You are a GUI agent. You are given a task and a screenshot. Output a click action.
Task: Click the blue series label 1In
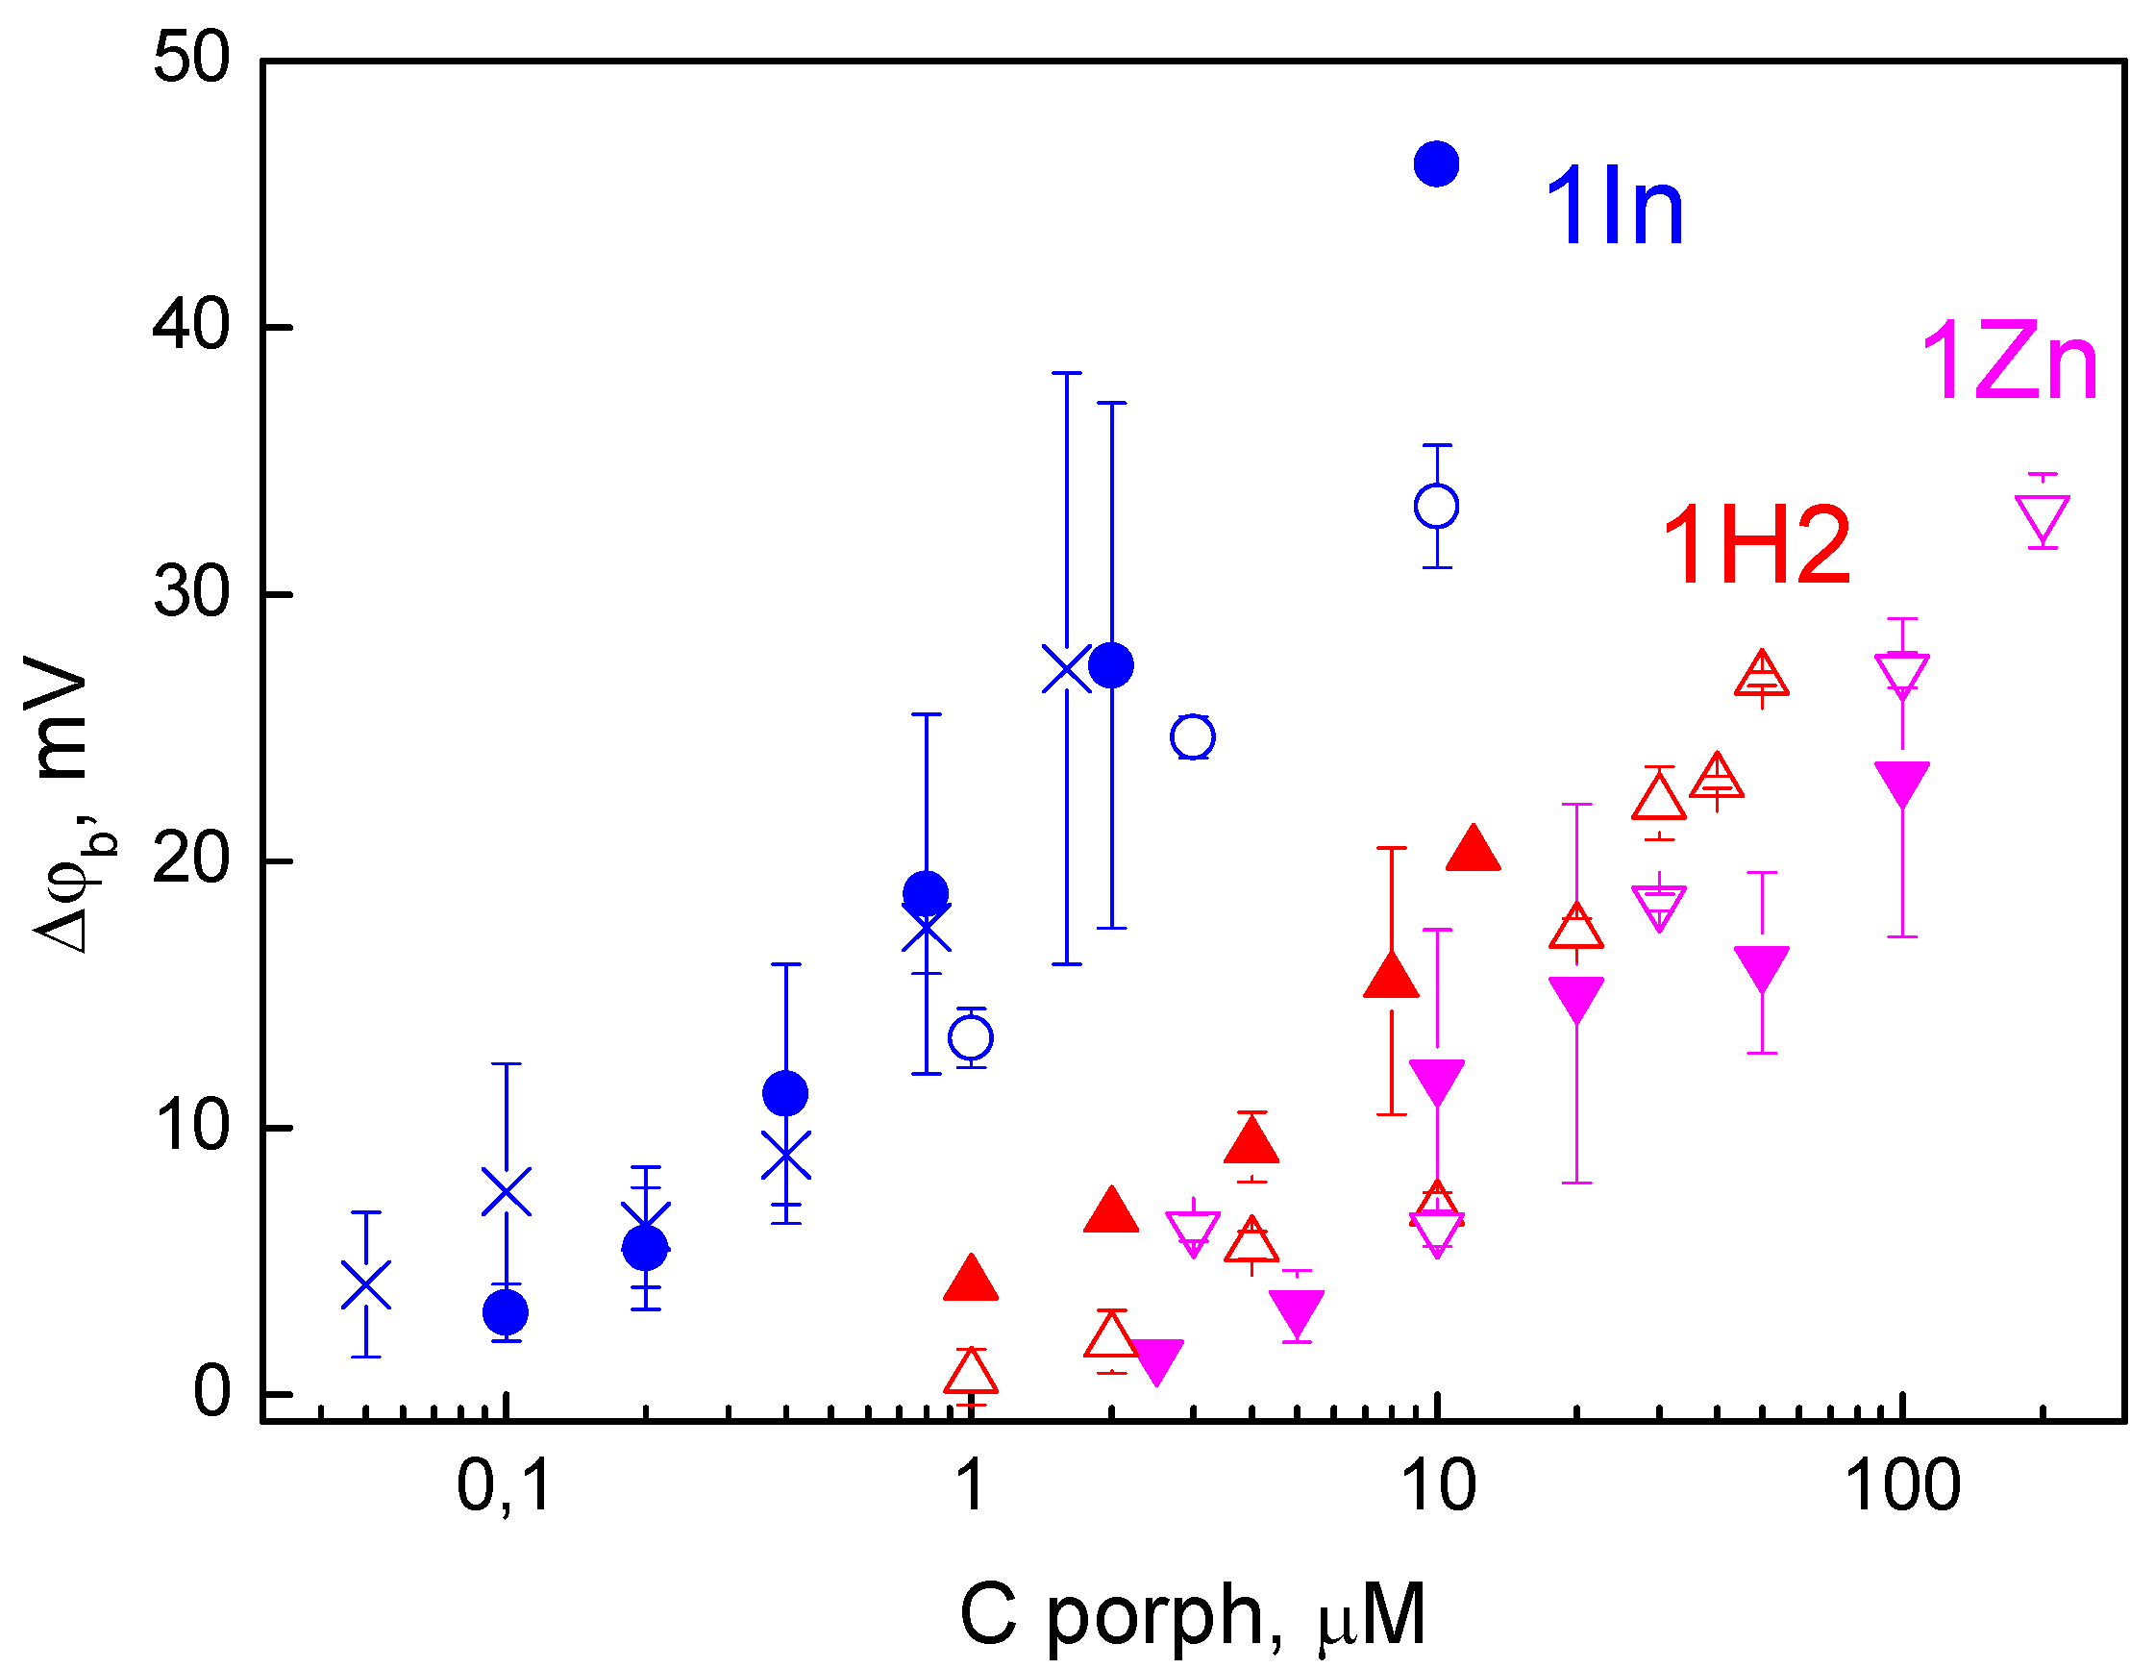[1614, 208]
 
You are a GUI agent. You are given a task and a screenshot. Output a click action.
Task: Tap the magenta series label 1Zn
[2009, 363]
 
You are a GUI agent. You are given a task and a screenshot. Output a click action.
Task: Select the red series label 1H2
[1755, 545]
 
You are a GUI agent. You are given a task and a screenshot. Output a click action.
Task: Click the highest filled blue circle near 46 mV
[1437, 163]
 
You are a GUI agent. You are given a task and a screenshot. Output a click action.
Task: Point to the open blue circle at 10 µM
[1437, 507]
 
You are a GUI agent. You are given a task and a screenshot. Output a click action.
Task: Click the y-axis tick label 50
[191, 59]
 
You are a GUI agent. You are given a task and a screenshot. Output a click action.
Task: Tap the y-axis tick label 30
[191, 593]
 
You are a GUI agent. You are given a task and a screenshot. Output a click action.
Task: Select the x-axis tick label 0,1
[504, 1486]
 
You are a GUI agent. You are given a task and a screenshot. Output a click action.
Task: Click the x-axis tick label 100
[1901, 1486]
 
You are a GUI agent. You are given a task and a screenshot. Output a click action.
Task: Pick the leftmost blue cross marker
[366, 1284]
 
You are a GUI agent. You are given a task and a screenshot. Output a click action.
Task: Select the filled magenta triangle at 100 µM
[1901, 781]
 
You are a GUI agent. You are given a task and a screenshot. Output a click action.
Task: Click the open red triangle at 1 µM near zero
[971, 1374]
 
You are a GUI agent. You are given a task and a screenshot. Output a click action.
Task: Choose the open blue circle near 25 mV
[1193, 736]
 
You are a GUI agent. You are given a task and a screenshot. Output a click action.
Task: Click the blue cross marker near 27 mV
[1067, 669]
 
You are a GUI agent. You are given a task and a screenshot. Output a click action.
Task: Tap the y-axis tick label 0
[211, 1393]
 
